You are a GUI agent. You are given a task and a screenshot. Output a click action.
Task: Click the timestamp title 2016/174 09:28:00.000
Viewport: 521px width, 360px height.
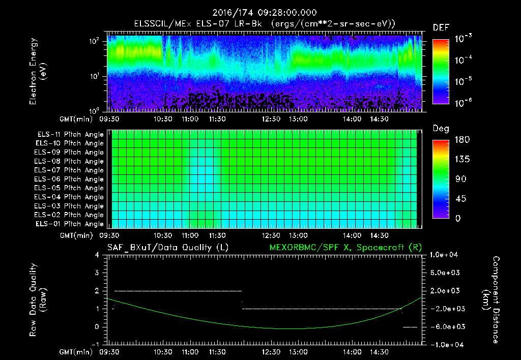click(x=260, y=13)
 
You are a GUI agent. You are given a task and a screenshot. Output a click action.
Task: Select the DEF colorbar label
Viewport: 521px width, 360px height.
click(x=441, y=27)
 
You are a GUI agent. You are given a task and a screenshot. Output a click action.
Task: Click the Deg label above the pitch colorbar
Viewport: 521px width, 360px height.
click(x=440, y=129)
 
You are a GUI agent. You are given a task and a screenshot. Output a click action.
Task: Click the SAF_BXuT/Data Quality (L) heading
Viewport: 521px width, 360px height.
click(x=167, y=247)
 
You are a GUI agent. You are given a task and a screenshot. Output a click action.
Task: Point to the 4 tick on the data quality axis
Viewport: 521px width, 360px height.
click(x=97, y=255)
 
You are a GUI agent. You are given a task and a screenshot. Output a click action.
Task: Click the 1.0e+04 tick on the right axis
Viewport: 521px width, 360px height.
click(x=445, y=255)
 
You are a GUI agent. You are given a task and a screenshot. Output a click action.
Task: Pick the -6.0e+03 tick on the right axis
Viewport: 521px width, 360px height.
click(x=445, y=326)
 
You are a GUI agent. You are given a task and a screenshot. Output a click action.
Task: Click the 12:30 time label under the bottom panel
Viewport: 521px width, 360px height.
click(x=271, y=351)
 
